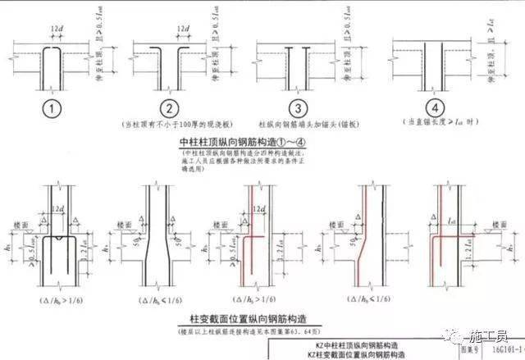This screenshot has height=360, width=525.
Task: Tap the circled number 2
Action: (168, 108)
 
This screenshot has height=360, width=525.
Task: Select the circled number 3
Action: (299, 108)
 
